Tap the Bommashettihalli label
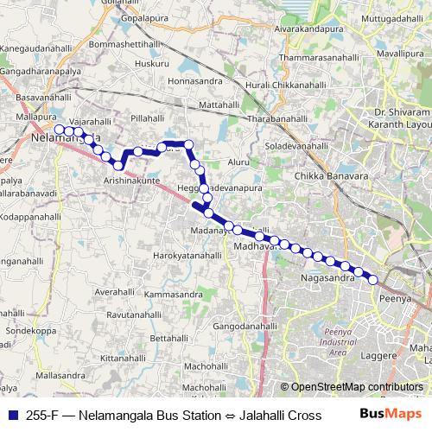pos(125,43)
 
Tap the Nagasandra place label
pos(328,278)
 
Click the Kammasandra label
pos(173,295)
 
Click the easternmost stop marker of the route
pos(373,279)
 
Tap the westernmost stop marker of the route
pos(59,130)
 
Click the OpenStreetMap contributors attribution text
pos(355,387)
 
